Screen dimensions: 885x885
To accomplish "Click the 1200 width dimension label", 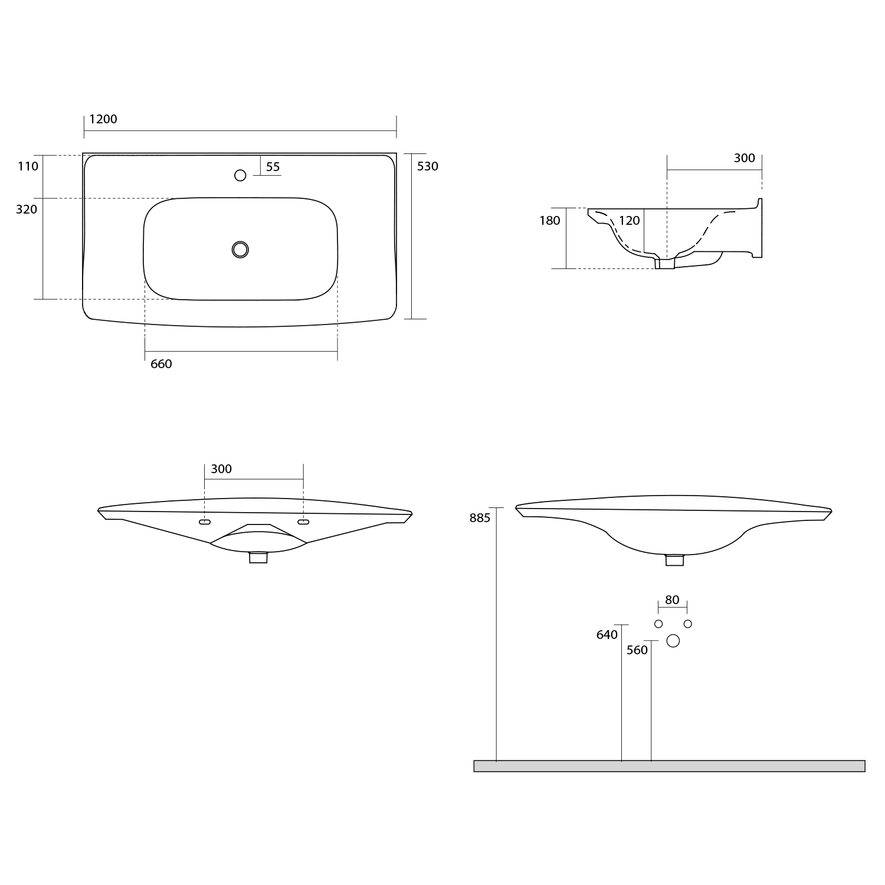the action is coord(103,119).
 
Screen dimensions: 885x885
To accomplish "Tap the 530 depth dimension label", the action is coord(428,166).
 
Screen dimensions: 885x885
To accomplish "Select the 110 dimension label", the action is coord(28,166).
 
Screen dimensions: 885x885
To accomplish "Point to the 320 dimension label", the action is coord(27,209).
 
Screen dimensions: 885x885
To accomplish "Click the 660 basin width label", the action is coord(161,364).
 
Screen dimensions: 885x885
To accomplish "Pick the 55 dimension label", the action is coord(273,167).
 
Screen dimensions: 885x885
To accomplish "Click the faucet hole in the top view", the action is coord(240,175).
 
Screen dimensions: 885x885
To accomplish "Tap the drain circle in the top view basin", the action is coord(240,250).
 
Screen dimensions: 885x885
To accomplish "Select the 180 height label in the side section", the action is coord(550,221).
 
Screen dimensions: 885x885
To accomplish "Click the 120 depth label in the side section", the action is coord(630,221).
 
